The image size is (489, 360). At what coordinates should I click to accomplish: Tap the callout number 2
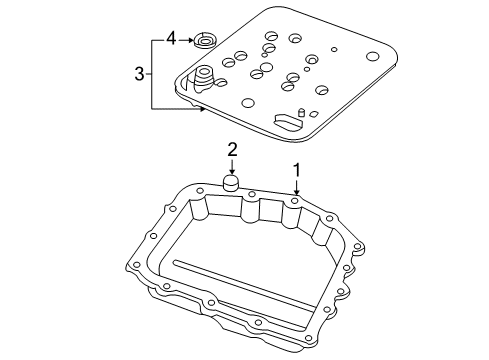231,149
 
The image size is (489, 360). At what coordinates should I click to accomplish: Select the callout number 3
139,73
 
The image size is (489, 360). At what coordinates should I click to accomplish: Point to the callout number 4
171,38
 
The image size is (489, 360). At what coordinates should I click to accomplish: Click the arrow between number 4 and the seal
187,39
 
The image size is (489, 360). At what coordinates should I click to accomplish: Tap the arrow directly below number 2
231,168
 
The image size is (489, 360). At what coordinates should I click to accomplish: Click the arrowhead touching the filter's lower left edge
201,107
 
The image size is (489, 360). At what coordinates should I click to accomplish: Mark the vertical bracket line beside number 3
153,73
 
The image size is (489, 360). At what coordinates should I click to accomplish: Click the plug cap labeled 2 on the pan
231,184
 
